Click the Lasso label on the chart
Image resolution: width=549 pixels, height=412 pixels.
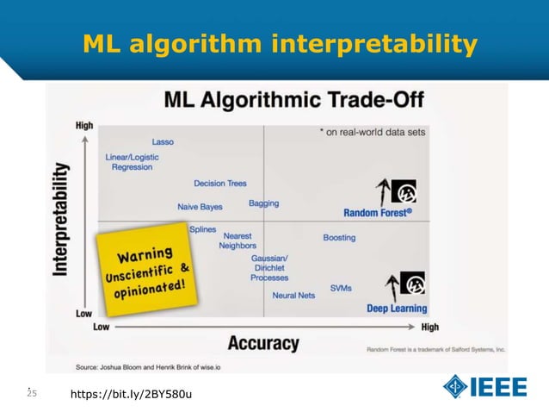pyautogui.click(x=163, y=141)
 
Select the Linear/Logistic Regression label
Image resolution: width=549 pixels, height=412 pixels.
pyautogui.click(x=132, y=162)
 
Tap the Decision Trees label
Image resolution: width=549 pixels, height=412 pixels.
pyautogui.click(x=220, y=184)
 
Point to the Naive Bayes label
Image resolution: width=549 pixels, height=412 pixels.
pyautogui.click(x=200, y=207)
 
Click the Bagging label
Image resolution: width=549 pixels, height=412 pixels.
pyautogui.click(x=263, y=203)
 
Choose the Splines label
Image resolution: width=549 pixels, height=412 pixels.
pyautogui.click(x=202, y=229)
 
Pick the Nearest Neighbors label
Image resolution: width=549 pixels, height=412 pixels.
pyautogui.click(x=237, y=240)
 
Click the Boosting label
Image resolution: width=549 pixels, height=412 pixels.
pyautogui.click(x=339, y=237)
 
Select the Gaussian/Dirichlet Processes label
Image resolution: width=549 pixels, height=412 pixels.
pyautogui.click(x=269, y=268)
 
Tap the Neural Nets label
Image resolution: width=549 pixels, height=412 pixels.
pyautogui.click(x=293, y=296)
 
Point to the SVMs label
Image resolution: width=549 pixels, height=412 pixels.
pyautogui.click(x=340, y=288)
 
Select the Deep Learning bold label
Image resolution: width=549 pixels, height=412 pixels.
pyautogui.click(x=397, y=309)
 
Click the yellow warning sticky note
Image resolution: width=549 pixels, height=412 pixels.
pyautogui.click(x=145, y=271)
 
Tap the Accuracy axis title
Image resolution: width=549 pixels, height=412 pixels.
pyautogui.click(x=263, y=343)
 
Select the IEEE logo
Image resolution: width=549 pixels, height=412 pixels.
pyautogui.click(x=484, y=387)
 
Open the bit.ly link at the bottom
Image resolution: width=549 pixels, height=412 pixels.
pyautogui.click(x=131, y=394)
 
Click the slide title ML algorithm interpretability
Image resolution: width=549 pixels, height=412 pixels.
pyautogui.click(x=280, y=44)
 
